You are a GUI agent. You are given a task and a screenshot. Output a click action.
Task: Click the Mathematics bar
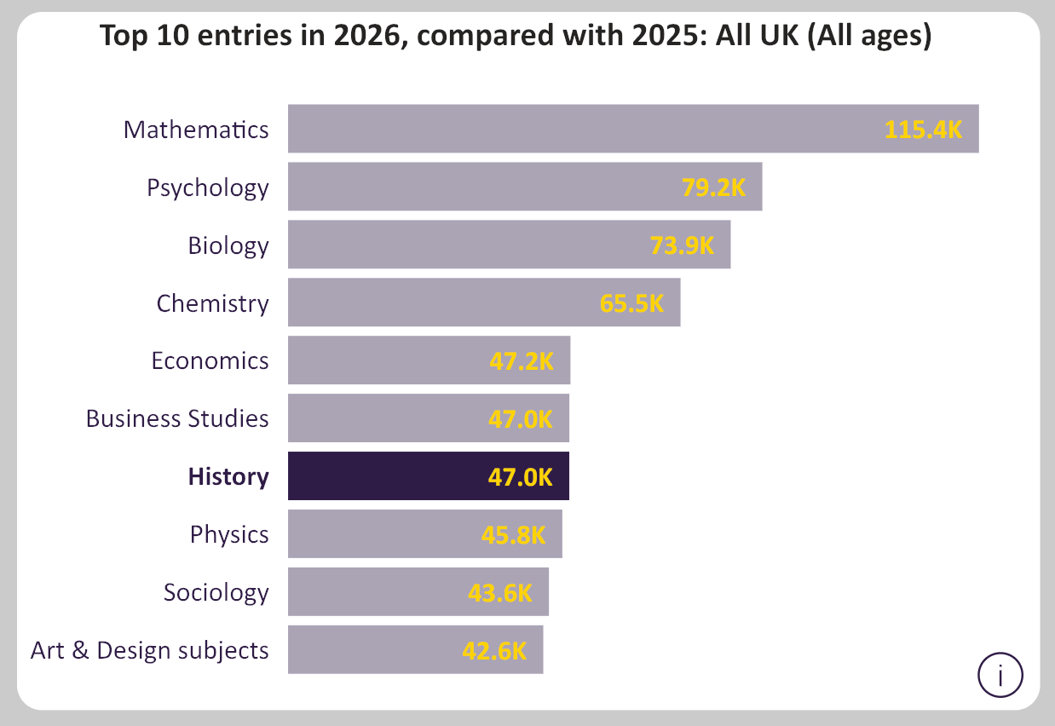pyautogui.click(x=633, y=129)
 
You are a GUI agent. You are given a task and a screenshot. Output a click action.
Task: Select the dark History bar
pyautogui.click(x=429, y=476)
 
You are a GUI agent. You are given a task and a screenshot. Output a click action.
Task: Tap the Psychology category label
pyautogui.click(x=208, y=188)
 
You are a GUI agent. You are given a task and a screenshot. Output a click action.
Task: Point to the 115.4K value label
pyautogui.click(x=923, y=130)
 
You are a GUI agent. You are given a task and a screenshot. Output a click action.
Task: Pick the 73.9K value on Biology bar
pyautogui.click(x=682, y=245)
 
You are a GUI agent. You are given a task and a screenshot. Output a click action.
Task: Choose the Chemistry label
pyautogui.click(x=212, y=303)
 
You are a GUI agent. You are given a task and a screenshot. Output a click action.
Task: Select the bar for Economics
pyautogui.click(x=429, y=360)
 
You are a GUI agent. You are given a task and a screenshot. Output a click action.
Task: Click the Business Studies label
pyautogui.click(x=177, y=418)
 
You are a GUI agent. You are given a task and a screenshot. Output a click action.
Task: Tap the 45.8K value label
pyautogui.click(x=513, y=535)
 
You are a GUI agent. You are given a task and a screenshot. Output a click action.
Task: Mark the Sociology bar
pyautogui.click(x=418, y=592)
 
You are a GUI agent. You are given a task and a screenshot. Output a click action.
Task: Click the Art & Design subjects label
pyautogui.click(x=149, y=651)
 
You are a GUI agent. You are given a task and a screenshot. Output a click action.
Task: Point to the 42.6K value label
pyautogui.click(x=494, y=651)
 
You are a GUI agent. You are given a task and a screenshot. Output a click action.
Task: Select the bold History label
pyautogui.click(x=228, y=477)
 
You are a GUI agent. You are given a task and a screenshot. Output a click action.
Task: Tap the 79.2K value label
pyautogui.click(x=713, y=187)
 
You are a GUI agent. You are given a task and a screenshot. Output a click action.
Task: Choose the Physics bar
pyautogui.click(x=425, y=534)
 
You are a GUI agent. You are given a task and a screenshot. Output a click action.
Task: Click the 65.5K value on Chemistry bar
pyautogui.click(x=631, y=303)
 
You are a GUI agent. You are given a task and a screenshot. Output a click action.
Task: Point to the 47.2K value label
pyautogui.click(x=522, y=361)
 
